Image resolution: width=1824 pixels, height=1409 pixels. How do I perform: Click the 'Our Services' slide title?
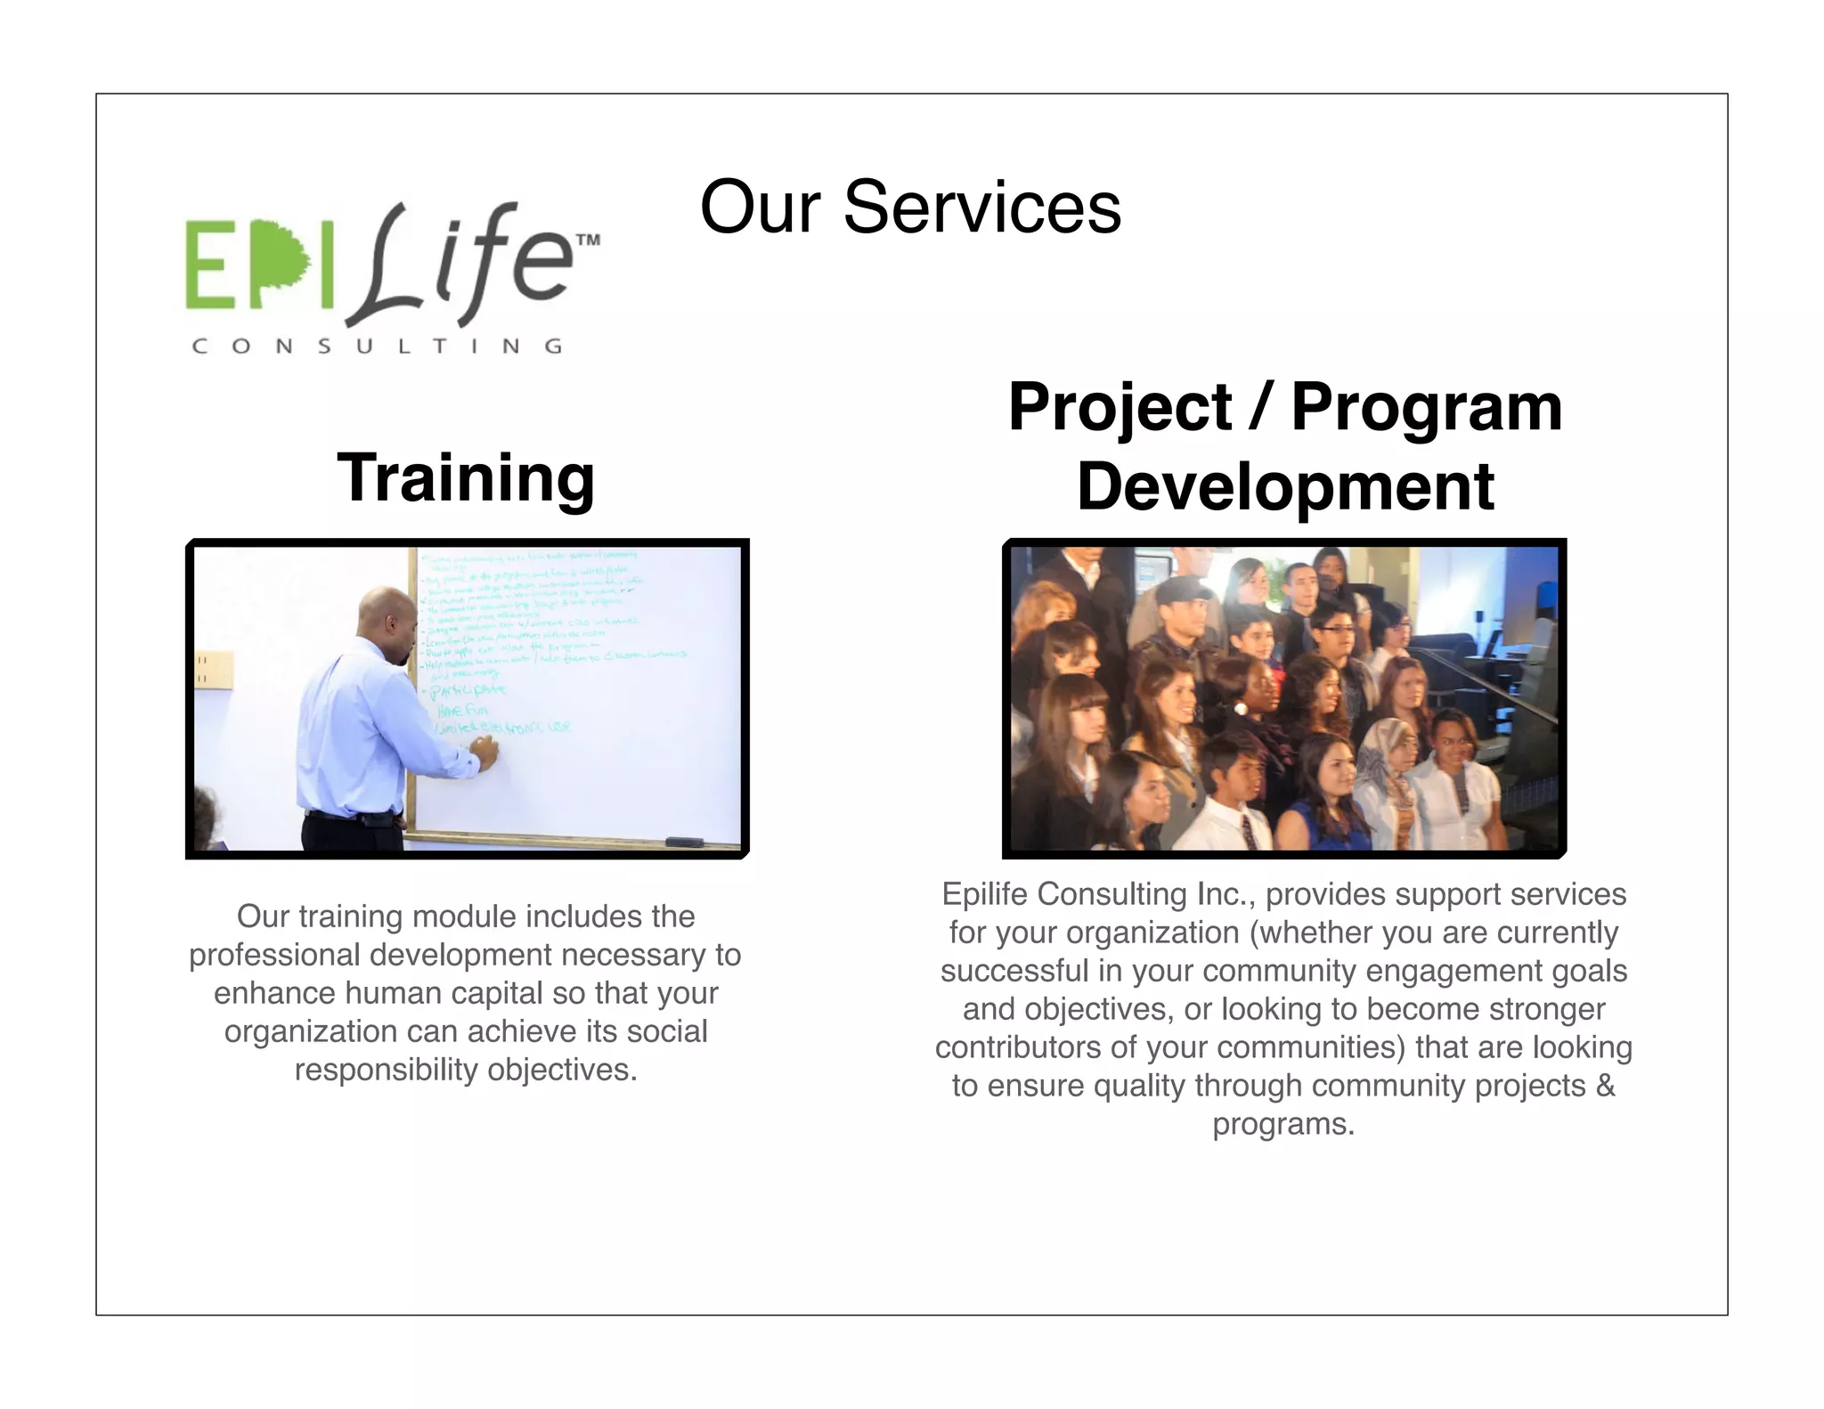(909, 207)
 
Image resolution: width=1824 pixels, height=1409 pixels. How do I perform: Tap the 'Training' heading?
(466, 478)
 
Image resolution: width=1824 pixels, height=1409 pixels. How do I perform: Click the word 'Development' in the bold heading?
(1284, 487)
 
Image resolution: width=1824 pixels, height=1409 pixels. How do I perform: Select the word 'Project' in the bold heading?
(1120, 407)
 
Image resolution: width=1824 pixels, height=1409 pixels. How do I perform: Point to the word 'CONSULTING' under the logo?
(377, 346)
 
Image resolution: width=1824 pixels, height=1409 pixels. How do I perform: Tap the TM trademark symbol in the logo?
(588, 240)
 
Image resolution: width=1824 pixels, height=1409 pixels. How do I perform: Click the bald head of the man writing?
(385, 613)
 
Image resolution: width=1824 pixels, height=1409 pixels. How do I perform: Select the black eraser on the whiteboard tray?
(683, 842)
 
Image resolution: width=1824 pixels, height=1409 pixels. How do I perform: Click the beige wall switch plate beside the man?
(215, 670)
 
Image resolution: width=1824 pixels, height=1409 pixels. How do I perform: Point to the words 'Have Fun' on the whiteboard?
(462, 710)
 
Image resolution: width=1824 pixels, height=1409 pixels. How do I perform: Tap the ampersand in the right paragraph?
(1605, 1086)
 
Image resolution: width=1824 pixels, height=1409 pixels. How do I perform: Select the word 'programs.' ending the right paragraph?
(1282, 1124)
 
